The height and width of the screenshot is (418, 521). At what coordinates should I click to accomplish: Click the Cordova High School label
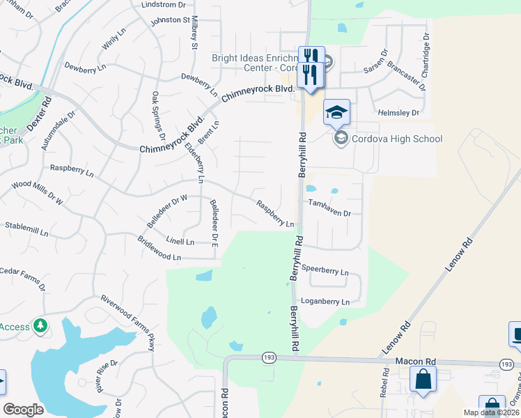tap(397, 139)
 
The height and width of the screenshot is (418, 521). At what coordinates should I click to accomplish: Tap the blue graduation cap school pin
tap(337, 112)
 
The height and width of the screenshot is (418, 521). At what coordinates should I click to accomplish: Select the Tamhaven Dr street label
tap(329, 203)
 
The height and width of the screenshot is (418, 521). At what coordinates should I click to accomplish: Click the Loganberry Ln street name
tap(326, 302)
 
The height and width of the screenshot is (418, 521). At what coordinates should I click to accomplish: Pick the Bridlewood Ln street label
tap(159, 257)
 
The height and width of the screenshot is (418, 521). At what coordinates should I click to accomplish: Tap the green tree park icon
tap(41, 325)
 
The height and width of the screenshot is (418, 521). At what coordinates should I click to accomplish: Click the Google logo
tap(23, 410)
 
